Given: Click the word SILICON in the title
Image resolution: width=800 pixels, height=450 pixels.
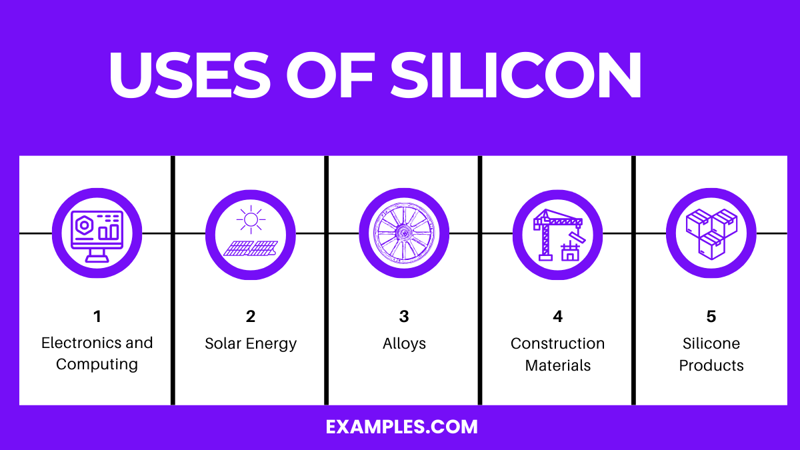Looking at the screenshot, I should click(x=516, y=75).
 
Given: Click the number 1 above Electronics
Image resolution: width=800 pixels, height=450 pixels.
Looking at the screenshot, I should click(x=97, y=317).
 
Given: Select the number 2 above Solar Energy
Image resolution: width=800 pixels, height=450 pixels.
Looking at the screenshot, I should click(x=251, y=317).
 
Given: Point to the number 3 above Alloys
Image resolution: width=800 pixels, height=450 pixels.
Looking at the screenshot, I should click(x=404, y=317).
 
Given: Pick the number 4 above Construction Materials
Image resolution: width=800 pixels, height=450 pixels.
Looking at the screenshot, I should click(x=558, y=317).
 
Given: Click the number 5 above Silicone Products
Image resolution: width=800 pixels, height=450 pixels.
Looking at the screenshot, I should click(x=711, y=317).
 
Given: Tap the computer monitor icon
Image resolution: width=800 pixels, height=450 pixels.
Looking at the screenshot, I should click(x=97, y=233).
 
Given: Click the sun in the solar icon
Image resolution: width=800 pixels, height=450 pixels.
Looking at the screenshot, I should click(x=251, y=219).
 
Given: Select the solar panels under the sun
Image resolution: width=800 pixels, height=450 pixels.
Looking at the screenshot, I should click(x=251, y=248).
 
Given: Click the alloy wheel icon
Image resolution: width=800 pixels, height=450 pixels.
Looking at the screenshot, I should click(x=404, y=233).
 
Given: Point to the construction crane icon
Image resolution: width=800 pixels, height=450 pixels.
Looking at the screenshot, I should click(x=557, y=233).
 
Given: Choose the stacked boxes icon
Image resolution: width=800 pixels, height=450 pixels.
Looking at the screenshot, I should click(x=711, y=233).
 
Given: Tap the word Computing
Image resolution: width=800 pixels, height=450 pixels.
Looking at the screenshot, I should click(x=97, y=364).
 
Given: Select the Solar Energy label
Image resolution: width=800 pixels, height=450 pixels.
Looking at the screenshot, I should click(x=251, y=343).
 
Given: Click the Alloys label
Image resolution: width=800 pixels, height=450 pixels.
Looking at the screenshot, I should click(x=404, y=343).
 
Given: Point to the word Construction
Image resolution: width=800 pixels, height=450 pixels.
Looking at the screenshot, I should click(x=558, y=343).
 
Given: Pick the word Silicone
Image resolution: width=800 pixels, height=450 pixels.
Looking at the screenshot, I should click(x=711, y=343).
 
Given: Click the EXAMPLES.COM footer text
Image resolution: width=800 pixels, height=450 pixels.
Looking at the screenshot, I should click(x=402, y=427).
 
